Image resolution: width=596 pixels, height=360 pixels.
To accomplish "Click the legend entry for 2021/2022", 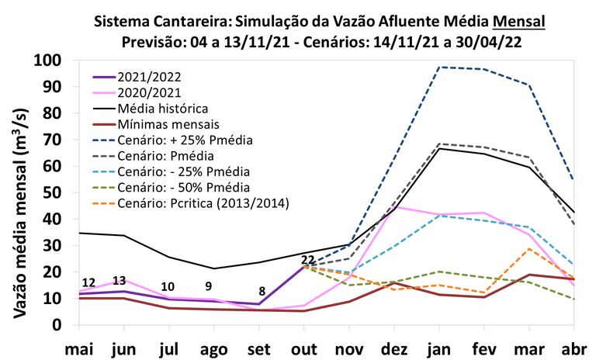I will (x=147, y=78).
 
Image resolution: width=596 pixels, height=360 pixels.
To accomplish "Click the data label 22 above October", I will (x=307, y=259).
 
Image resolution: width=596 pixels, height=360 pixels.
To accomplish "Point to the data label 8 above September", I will (x=262, y=291).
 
